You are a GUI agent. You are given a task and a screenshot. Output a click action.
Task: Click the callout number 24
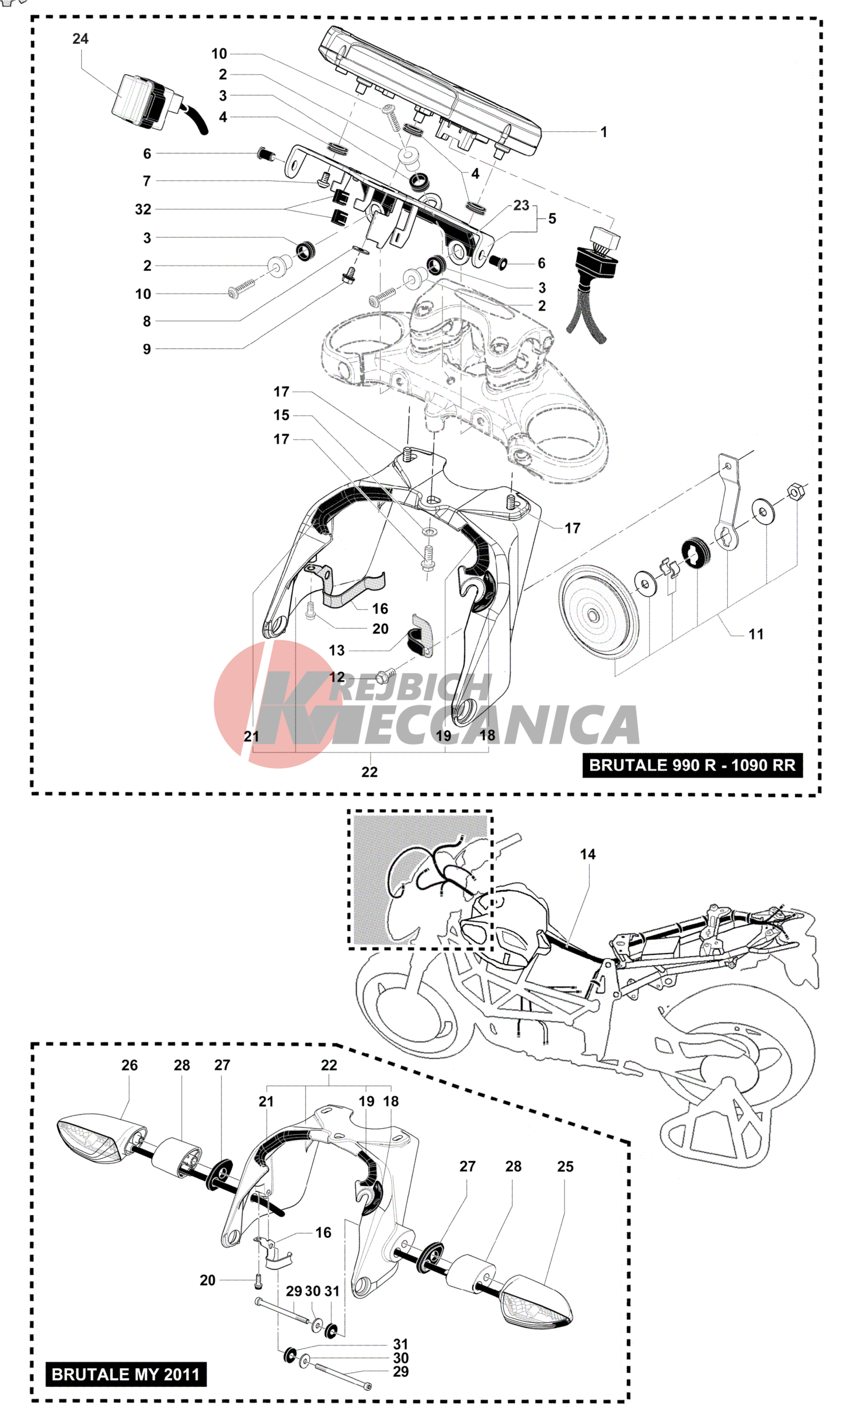tap(80, 39)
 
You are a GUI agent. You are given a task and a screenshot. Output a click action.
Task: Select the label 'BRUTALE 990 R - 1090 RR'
tap(692, 765)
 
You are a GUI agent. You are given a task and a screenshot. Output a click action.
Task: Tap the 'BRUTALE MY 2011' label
tap(126, 1375)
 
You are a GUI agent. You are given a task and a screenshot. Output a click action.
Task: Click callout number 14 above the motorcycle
tap(587, 855)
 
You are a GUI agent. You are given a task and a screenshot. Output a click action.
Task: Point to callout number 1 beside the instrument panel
tap(604, 132)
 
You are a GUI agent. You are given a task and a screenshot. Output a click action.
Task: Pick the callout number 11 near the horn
tap(755, 634)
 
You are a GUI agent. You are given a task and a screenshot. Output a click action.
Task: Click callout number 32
tap(143, 210)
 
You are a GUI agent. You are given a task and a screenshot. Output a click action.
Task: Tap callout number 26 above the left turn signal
tap(130, 1065)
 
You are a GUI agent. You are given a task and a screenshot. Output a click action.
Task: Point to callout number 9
tap(147, 349)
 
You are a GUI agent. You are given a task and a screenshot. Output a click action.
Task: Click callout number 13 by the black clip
tap(337, 650)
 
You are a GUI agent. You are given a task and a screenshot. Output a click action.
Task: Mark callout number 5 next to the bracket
tap(552, 219)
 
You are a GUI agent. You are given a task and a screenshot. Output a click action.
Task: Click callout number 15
tap(281, 415)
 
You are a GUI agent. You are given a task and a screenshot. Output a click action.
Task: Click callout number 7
tap(147, 182)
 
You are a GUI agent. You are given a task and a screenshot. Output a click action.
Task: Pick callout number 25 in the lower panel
tap(565, 1166)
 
